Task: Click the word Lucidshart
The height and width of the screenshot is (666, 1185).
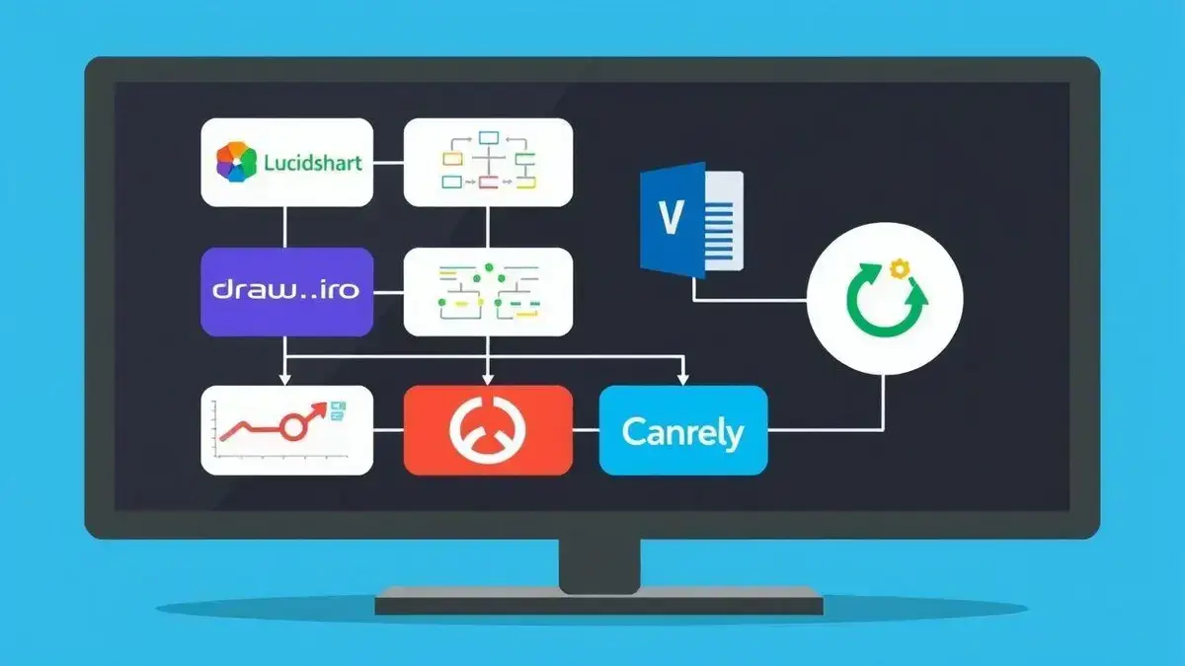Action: (x=313, y=163)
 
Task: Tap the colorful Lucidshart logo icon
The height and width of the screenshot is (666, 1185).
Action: (x=236, y=163)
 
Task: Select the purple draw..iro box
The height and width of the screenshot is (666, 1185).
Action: (x=286, y=291)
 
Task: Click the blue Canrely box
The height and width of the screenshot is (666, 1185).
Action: (x=683, y=431)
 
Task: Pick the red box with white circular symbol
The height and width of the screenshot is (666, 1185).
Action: (x=488, y=431)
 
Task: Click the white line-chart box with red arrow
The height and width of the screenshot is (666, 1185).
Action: (x=286, y=430)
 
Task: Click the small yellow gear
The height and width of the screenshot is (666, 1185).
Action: (x=899, y=267)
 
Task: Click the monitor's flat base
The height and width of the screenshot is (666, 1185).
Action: (x=599, y=599)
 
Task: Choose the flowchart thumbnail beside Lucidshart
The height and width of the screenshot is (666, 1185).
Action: (x=489, y=163)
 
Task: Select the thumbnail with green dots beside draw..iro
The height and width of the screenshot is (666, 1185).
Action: (x=489, y=291)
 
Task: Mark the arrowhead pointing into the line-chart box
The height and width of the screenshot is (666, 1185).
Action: (x=285, y=379)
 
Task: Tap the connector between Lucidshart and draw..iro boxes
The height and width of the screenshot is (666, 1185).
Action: (x=285, y=227)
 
